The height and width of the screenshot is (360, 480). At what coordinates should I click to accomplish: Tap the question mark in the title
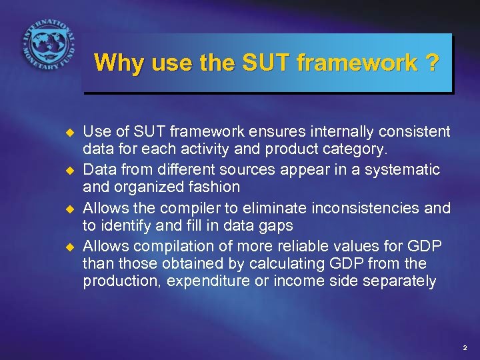pos(431,63)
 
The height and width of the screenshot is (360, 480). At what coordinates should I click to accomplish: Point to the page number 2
pos(465,348)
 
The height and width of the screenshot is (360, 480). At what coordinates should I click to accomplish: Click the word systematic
pos(405,170)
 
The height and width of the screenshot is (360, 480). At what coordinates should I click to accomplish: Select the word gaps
pos(276,226)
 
